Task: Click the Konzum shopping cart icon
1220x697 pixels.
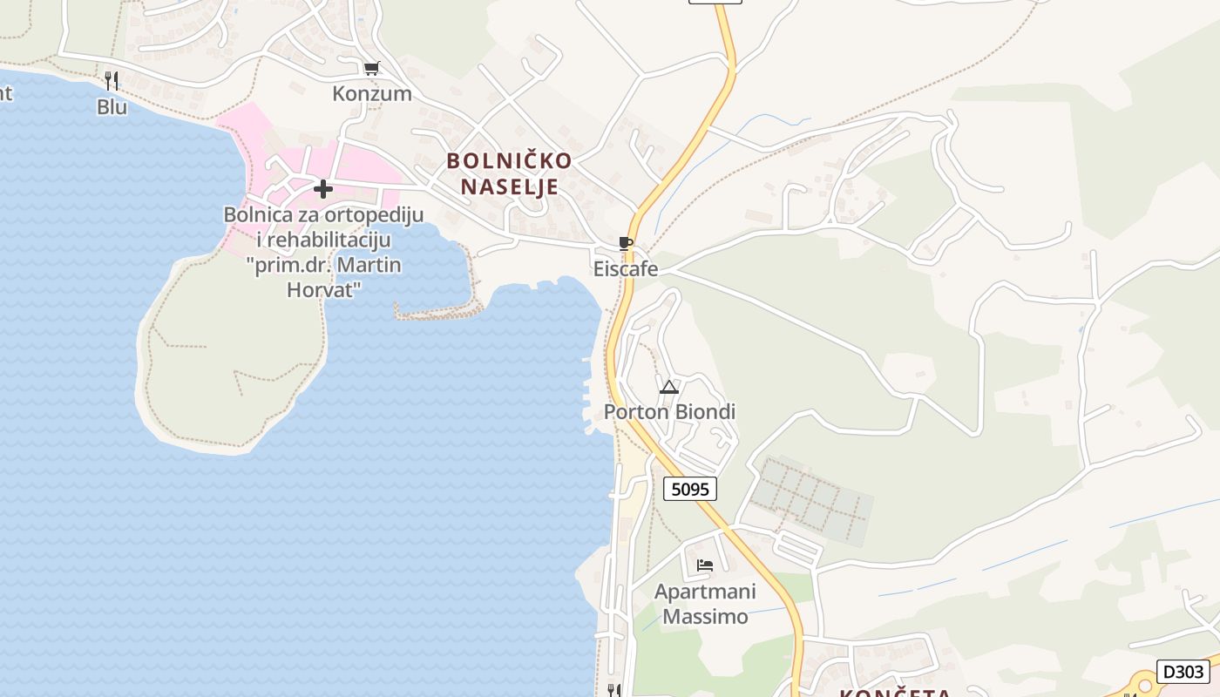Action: (372, 68)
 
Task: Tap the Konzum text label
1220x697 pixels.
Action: (372, 93)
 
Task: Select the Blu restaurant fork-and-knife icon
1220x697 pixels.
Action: (112, 81)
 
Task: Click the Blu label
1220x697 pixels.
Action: (112, 106)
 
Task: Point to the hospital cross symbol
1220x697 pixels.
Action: (323, 188)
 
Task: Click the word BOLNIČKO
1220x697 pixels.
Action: (510, 161)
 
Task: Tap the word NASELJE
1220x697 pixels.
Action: (510, 186)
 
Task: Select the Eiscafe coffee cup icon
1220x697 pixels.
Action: (625, 243)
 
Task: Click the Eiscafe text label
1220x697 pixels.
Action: (626, 269)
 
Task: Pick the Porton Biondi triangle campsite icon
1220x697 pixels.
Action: (669, 387)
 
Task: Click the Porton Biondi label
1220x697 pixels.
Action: (669, 412)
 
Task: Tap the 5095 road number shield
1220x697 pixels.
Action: (690, 490)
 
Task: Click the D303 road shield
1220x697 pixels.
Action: (1183, 672)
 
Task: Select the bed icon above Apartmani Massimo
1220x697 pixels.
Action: (705, 565)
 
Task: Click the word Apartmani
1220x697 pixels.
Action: (705, 592)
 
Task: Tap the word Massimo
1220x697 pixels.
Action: (705, 617)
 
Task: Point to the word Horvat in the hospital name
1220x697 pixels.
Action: (323, 290)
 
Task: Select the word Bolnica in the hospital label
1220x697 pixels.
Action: (259, 214)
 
